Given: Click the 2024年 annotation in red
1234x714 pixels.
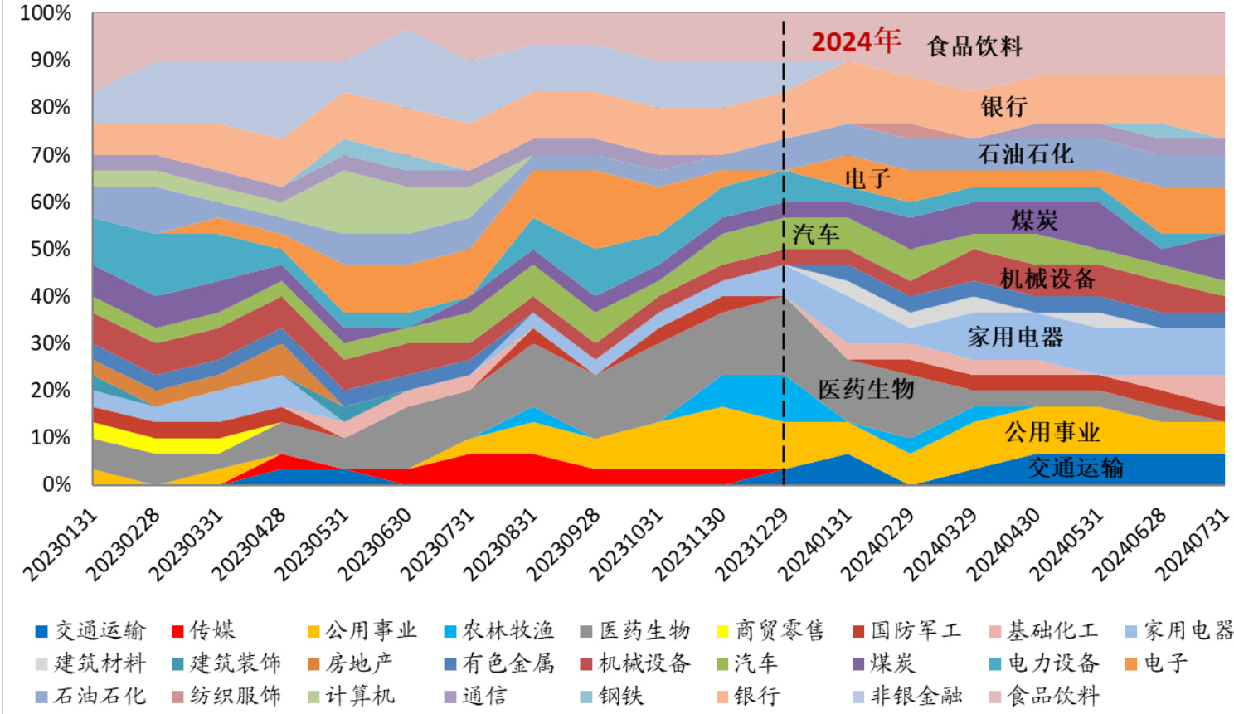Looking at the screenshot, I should click(x=855, y=41).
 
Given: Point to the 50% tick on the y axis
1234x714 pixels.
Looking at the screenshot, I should click(x=51, y=249).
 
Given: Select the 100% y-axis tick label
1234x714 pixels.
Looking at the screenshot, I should click(x=46, y=13).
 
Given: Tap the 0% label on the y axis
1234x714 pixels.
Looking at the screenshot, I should click(x=56, y=484).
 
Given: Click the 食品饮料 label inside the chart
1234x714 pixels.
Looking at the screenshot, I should click(x=974, y=46).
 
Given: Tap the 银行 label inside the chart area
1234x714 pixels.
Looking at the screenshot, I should click(x=1003, y=106).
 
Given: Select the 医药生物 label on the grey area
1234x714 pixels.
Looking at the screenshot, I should click(x=866, y=389).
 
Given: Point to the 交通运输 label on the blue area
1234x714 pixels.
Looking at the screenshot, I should click(x=1076, y=468).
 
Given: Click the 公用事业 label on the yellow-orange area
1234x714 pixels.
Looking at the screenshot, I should click(x=1052, y=432).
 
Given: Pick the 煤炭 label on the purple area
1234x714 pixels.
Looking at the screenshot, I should click(x=1034, y=221).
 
